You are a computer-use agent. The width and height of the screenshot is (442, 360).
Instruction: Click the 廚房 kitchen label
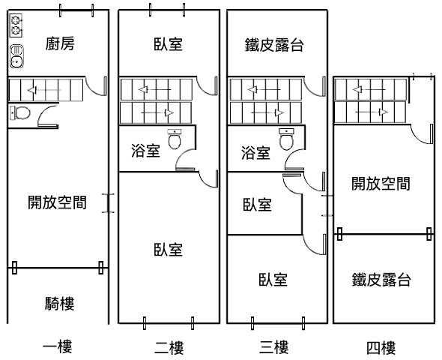60,44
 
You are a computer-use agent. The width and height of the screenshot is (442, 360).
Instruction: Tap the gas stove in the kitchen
16,25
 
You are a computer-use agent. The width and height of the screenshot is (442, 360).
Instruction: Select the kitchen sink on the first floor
17,56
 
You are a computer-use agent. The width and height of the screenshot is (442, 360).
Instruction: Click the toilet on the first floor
20,112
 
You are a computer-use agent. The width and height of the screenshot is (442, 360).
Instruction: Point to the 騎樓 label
59,304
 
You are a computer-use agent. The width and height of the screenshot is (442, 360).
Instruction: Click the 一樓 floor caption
58,347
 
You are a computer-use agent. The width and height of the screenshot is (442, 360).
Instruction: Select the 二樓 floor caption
169,347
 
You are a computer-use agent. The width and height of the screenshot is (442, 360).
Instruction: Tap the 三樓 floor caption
274,347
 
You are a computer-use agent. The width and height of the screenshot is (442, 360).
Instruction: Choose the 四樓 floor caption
381,347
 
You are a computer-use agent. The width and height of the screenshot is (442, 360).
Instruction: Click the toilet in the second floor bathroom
175,139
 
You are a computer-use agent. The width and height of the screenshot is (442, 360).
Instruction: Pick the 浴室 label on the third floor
255,153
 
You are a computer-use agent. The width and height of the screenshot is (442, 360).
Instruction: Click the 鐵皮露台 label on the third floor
274,45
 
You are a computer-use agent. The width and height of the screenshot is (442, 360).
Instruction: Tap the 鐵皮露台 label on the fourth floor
381,280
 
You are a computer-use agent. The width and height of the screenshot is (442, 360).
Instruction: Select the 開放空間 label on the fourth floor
381,184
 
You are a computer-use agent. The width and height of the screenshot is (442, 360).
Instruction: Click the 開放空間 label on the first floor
57,202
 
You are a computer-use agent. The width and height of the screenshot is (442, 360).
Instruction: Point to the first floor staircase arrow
44,90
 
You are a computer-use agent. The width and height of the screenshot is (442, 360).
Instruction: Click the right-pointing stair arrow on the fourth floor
372,112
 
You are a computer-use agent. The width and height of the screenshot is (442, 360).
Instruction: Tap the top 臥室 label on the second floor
169,44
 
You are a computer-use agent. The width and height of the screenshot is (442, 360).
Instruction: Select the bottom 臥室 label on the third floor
273,280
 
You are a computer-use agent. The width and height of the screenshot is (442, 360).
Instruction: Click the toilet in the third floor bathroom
286,139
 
